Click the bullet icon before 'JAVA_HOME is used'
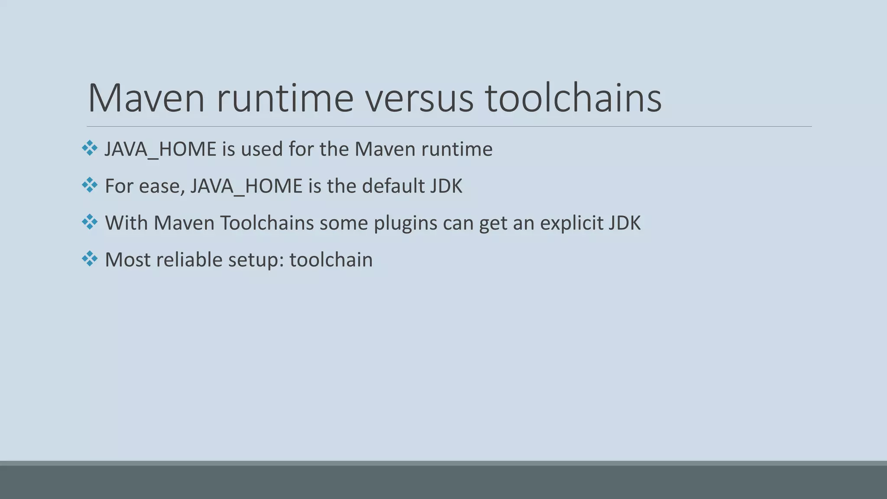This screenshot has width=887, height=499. [90, 148]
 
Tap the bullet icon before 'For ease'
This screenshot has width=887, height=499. [90, 185]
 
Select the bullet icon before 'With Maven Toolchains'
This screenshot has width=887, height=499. [90, 222]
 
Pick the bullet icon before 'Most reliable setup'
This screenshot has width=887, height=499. [90, 259]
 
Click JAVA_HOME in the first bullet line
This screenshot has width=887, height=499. [160, 149]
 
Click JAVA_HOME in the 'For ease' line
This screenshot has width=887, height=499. [246, 186]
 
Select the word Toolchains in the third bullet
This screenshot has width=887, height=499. [267, 223]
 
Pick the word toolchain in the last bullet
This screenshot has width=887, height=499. [331, 260]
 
